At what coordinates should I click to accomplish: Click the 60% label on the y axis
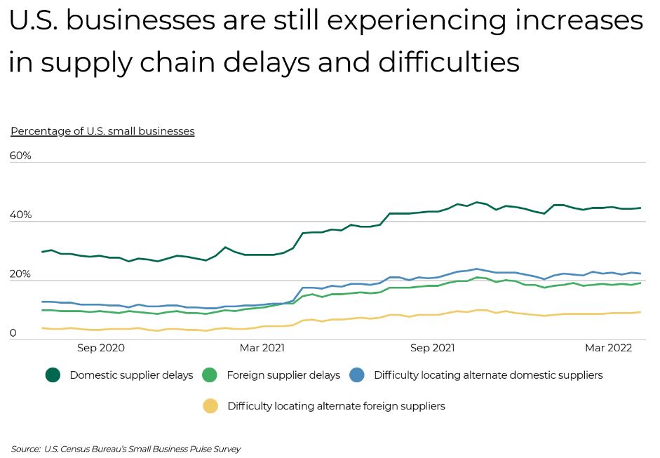click(x=20, y=155)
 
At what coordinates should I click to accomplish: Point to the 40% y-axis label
click(x=20, y=215)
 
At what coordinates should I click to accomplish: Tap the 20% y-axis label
click(x=20, y=274)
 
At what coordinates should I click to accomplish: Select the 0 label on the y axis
click(x=13, y=333)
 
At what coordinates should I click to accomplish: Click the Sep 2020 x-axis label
click(x=101, y=348)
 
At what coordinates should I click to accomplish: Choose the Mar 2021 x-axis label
click(x=262, y=348)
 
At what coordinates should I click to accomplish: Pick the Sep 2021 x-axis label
click(x=433, y=348)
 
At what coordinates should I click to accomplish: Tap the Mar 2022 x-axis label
click(x=609, y=348)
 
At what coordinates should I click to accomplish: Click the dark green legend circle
click(x=53, y=375)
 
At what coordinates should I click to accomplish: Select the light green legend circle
click(x=210, y=375)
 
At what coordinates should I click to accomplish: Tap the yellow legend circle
click(x=210, y=406)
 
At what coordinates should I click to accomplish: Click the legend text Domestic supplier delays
click(x=131, y=375)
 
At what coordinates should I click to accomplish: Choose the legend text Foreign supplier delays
click(x=283, y=375)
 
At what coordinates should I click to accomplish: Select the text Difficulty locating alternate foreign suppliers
click(x=336, y=406)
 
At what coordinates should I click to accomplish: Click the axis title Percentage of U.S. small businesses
click(x=102, y=131)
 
